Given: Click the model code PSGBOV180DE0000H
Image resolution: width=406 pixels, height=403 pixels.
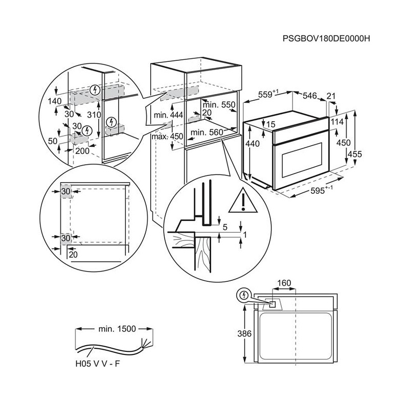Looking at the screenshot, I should point(326,38).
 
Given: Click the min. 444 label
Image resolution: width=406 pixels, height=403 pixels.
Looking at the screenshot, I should point(168,116).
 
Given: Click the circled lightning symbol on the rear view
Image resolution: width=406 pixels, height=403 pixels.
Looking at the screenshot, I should point(244,296).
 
